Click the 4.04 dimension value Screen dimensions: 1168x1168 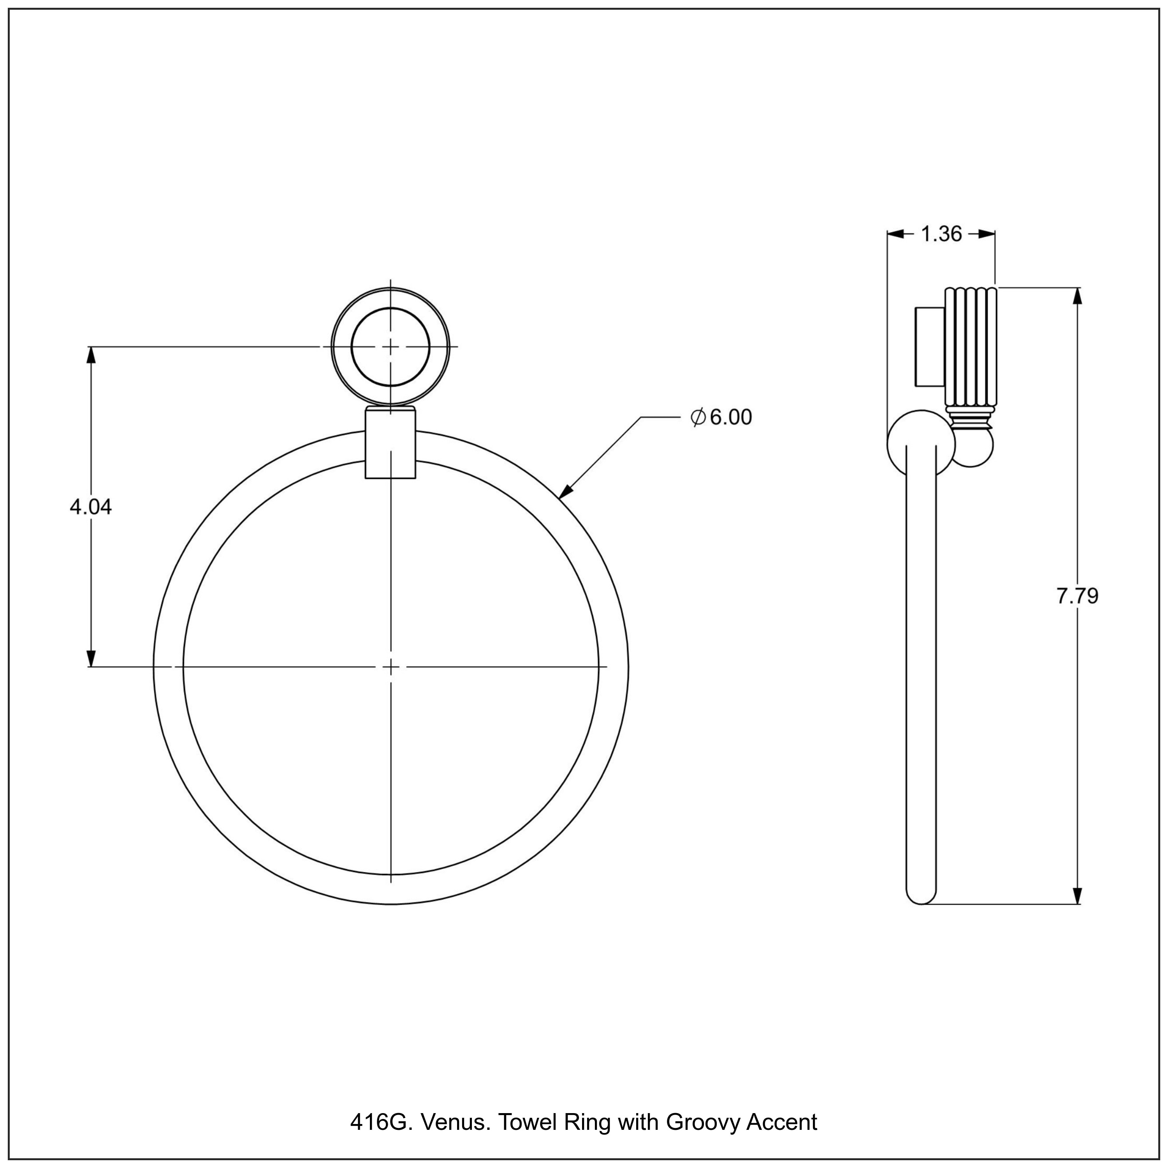click(x=91, y=507)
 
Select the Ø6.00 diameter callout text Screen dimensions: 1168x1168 click(x=721, y=417)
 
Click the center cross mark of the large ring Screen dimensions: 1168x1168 click(x=391, y=667)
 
